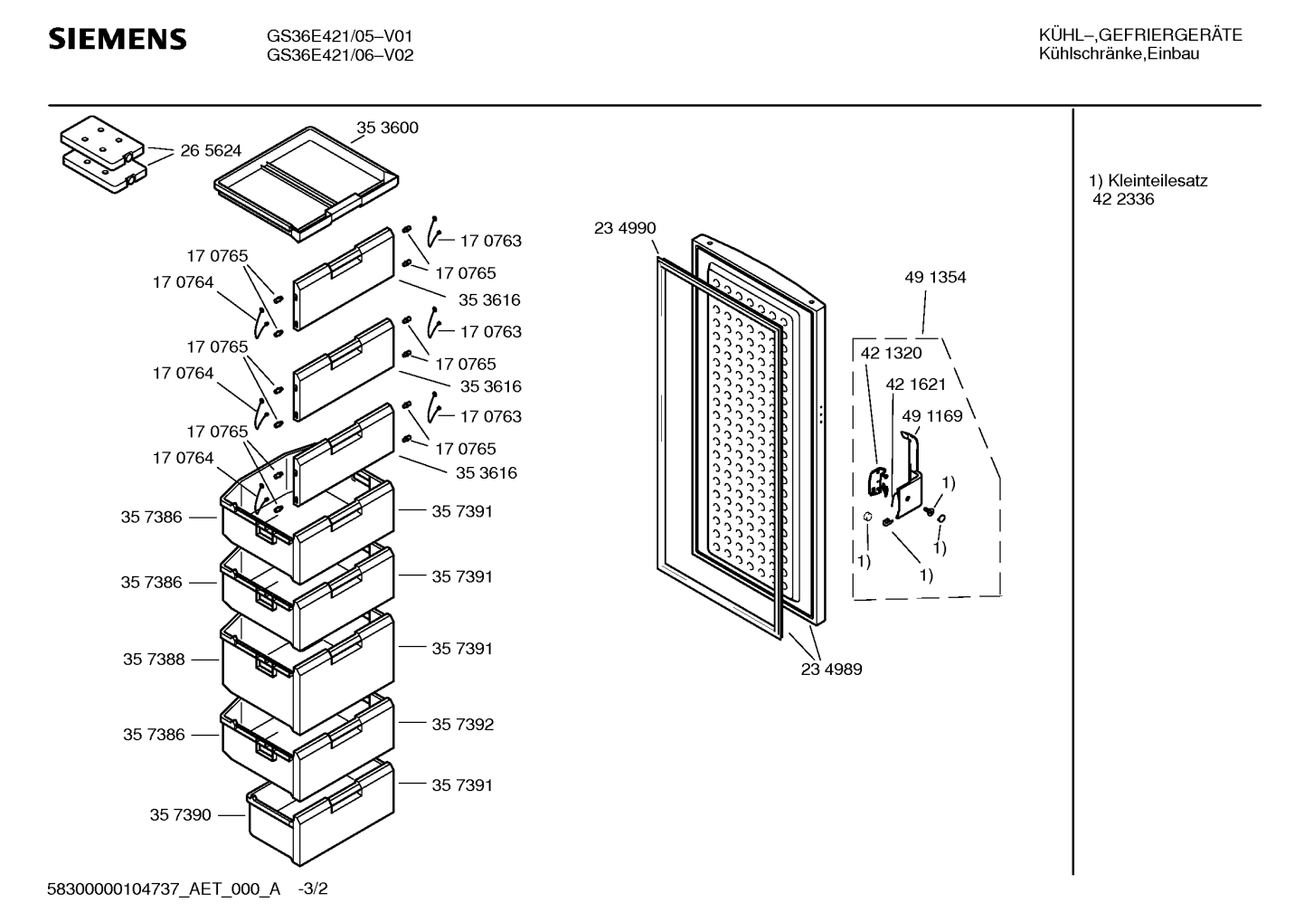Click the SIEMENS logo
[x=118, y=39]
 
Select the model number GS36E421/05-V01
[x=340, y=36]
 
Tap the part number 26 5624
[x=211, y=150]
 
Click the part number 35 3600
[x=387, y=127]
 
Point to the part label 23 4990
[x=625, y=228]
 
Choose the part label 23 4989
[x=831, y=669]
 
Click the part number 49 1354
[x=935, y=277]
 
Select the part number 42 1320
[x=892, y=352]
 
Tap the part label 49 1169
[x=932, y=415]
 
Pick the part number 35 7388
[x=154, y=659]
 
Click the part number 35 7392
[x=462, y=724]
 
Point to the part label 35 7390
[x=181, y=814]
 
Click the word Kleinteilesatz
[x=1158, y=181]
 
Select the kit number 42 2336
[x=1123, y=199]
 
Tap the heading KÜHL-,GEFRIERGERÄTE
[x=1140, y=35]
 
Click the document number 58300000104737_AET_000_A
[x=164, y=889]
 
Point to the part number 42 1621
[x=916, y=384]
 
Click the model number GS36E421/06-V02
[x=340, y=55]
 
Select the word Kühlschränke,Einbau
[x=1119, y=53]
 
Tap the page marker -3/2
[x=313, y=889]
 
